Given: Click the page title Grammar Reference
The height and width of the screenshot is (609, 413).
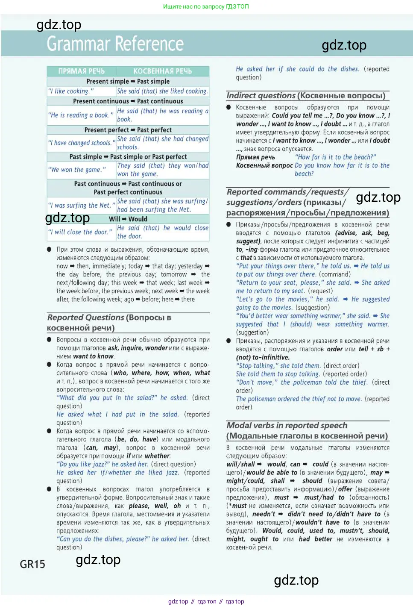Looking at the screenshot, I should (115, 44).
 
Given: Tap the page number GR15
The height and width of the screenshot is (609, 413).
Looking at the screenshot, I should (32, 564).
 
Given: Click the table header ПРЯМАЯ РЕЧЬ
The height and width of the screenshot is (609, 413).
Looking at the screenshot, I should (81, 71).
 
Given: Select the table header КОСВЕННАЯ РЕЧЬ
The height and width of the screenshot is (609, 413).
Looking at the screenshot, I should (162, 71).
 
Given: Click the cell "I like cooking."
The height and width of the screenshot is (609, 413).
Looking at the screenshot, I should (71, 91).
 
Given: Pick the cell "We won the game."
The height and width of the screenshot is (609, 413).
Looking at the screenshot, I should (77, 170).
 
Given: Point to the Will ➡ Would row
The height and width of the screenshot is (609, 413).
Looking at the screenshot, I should (128, 219).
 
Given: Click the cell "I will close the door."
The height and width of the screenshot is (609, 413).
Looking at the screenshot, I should (80, 232).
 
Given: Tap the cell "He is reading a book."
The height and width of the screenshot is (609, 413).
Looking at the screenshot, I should (81, 115).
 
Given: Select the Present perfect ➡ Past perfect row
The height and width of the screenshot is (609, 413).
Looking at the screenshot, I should (128, 130).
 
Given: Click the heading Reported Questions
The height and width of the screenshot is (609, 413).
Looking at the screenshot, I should (85, 318).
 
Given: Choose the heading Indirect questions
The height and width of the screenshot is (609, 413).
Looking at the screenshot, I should (261, 96).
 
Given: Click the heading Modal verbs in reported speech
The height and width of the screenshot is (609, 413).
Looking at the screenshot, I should (287, 426).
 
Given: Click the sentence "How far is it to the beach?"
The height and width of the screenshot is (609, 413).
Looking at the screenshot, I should (335, 157).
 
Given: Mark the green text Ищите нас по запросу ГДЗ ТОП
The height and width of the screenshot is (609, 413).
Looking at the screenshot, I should (206, 6).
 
